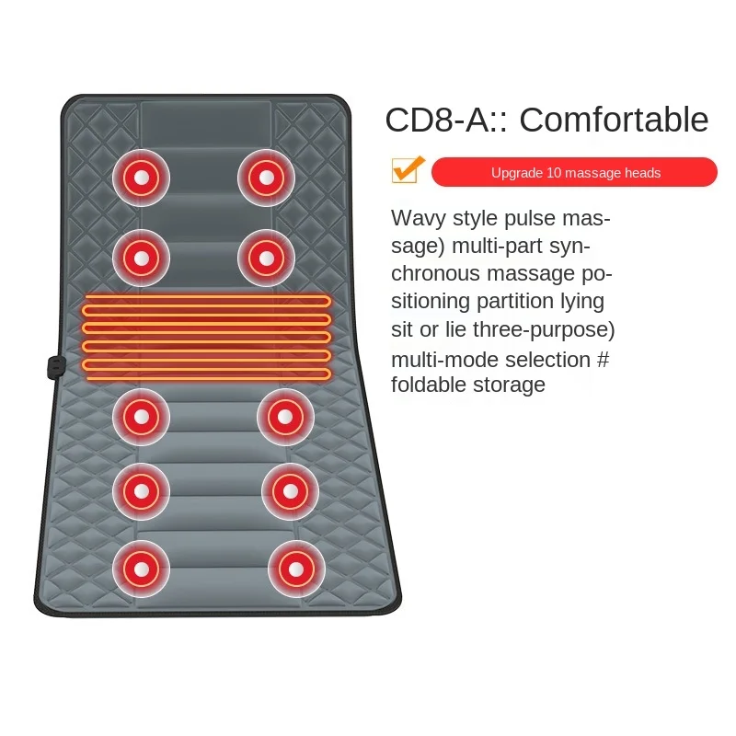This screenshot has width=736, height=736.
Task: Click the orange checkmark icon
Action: pos(407,170)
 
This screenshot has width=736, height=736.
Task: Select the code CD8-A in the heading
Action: pos(438,121)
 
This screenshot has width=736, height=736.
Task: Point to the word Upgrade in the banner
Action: pos(515,173)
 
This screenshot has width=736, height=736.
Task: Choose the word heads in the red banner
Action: pos(642,173)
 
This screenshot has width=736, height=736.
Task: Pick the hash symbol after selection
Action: pos(603,359)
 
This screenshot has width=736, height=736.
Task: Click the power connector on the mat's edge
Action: pos(52,364)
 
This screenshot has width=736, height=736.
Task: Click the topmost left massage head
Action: pos(142,177)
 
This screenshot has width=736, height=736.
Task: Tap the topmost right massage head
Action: pos(267,177)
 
